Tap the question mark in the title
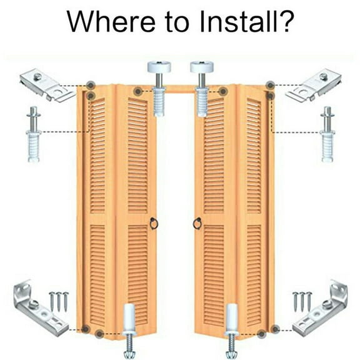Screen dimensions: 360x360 [283, 22]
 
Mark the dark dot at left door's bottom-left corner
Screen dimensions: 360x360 [85, 329]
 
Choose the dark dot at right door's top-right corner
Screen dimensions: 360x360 [269, 85]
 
